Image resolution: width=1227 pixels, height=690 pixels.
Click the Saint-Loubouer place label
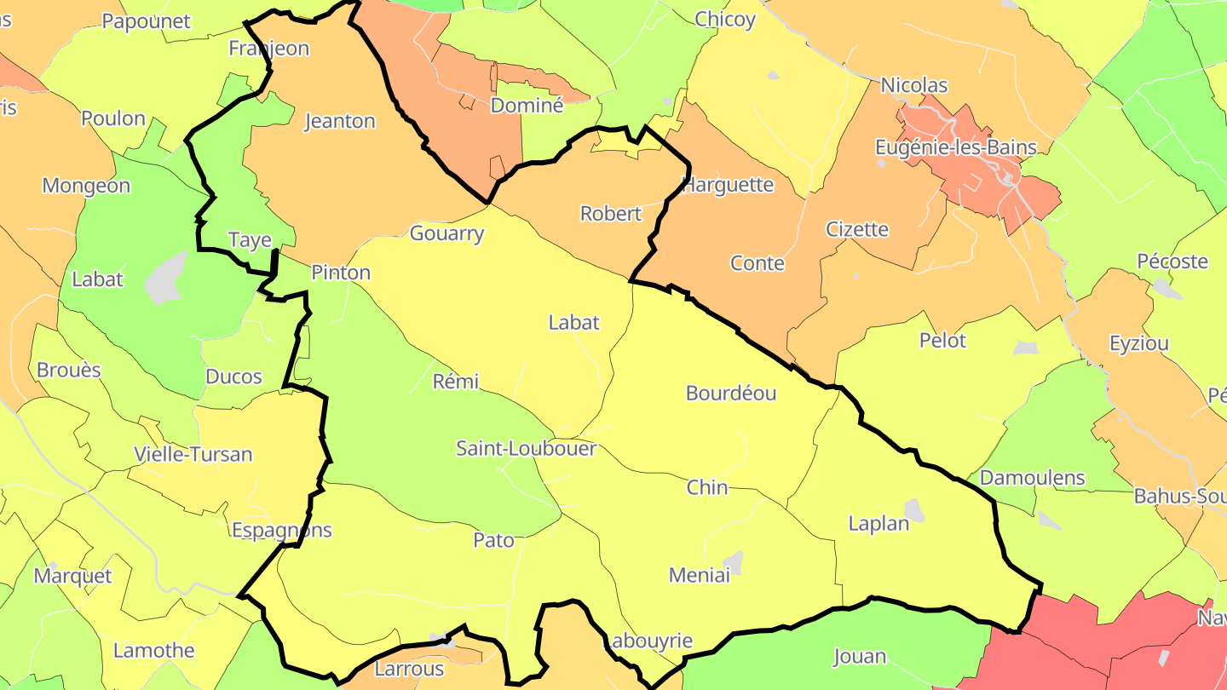(x=526, y=448)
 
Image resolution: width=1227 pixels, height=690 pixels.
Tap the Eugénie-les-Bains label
(x=955, y=147)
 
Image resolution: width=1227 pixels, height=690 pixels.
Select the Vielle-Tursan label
(x=193, y=454)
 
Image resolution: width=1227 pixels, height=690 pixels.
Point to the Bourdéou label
(x=730, y=394)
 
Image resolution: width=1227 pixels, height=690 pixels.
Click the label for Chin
(x=707, y=487)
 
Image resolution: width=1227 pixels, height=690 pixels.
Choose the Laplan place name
(x=878, y=524)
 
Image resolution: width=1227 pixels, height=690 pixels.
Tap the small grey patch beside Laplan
(x=914, y=510)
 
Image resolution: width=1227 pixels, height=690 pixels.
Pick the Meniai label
(x=700, y=575)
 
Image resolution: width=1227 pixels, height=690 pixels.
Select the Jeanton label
(x=340, y=121)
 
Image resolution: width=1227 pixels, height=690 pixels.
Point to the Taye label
(x=250, y=240)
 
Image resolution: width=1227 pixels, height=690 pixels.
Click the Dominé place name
(x=527, y=106)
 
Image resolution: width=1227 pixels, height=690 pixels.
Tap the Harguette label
(x=729, y=185)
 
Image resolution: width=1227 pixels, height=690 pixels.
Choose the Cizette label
(x=856, y=229)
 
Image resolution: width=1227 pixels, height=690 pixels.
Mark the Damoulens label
(x=1032, y=478)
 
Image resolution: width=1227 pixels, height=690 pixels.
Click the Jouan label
(x=859, y=656)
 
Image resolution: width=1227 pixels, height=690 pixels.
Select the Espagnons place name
(x=281, y=530)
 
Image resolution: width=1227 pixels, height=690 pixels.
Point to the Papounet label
(x=146, y=21)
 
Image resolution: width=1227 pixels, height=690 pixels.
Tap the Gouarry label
(x=446, y=233)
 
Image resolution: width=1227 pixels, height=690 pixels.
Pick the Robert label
(x=610, y=214)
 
